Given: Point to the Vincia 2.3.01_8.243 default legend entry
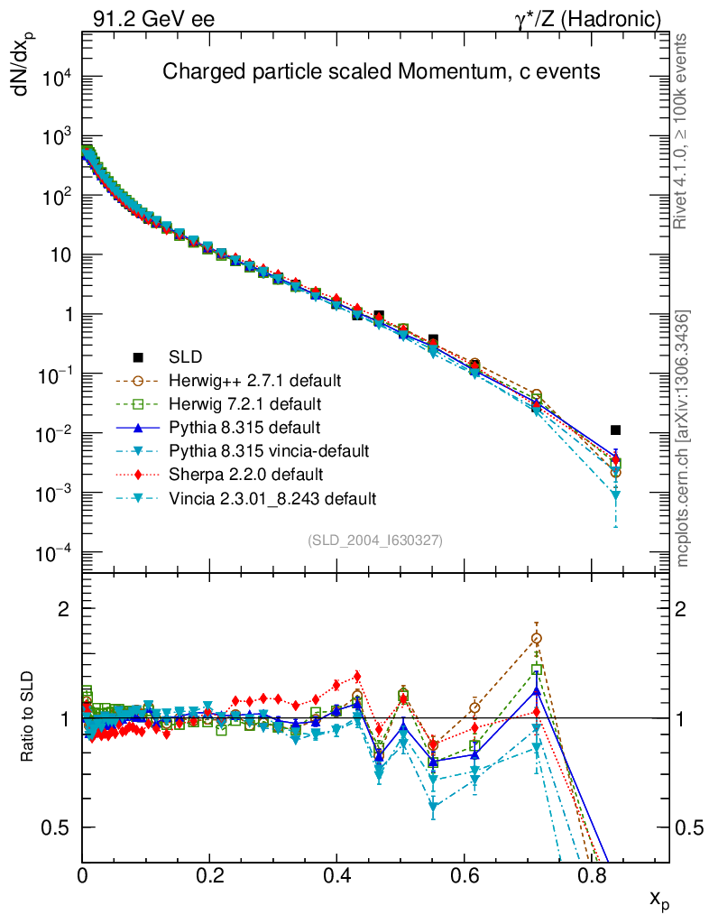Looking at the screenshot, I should [x=279, y=497].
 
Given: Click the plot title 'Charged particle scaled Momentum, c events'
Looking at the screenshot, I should [x=381, y=72].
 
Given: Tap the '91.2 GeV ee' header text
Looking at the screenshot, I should [x=153, y=17].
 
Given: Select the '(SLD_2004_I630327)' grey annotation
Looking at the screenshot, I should [x=374, y=540].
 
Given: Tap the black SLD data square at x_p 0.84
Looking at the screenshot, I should [x=615, y=430].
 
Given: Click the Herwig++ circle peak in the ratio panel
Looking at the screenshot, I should [x=537, y=639].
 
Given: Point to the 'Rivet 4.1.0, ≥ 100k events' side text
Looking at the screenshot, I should [x=682, y=131].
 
